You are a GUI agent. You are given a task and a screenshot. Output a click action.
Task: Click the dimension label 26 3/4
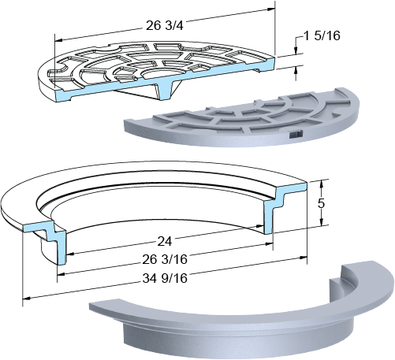point(164,26)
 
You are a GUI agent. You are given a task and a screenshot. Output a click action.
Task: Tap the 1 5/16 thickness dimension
point(322,35)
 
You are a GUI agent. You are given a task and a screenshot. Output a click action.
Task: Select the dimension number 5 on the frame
point(321,203)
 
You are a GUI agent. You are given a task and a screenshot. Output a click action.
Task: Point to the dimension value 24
point(165,241)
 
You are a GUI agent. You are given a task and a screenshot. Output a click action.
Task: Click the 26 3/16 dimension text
point(165,259)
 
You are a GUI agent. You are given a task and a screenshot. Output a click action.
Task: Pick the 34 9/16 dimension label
point(165,278)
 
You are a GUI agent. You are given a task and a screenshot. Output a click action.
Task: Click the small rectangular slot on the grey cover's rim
point(296,135)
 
